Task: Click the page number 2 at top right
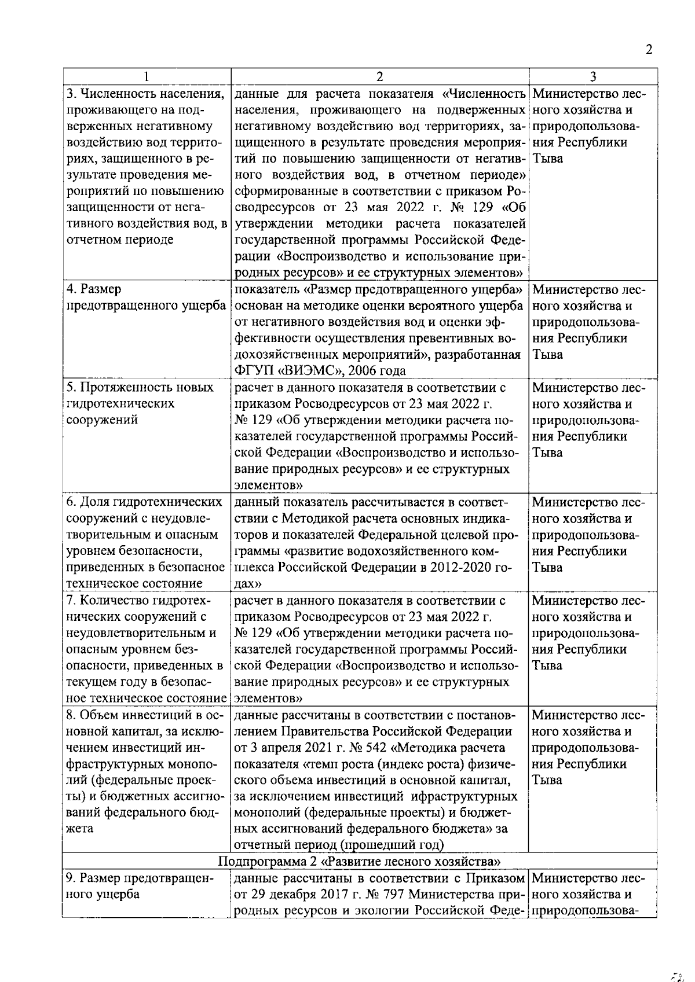(x=649, y=50)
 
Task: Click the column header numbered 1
(x=147, y=76)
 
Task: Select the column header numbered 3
(x=593, y=76)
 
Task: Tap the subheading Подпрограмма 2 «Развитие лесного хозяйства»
(x=359, y=861)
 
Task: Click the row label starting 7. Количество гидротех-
(x=139, y=600)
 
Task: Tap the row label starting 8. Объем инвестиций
(x=145, y=715)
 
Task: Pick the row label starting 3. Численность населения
(x=145, y=93)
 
